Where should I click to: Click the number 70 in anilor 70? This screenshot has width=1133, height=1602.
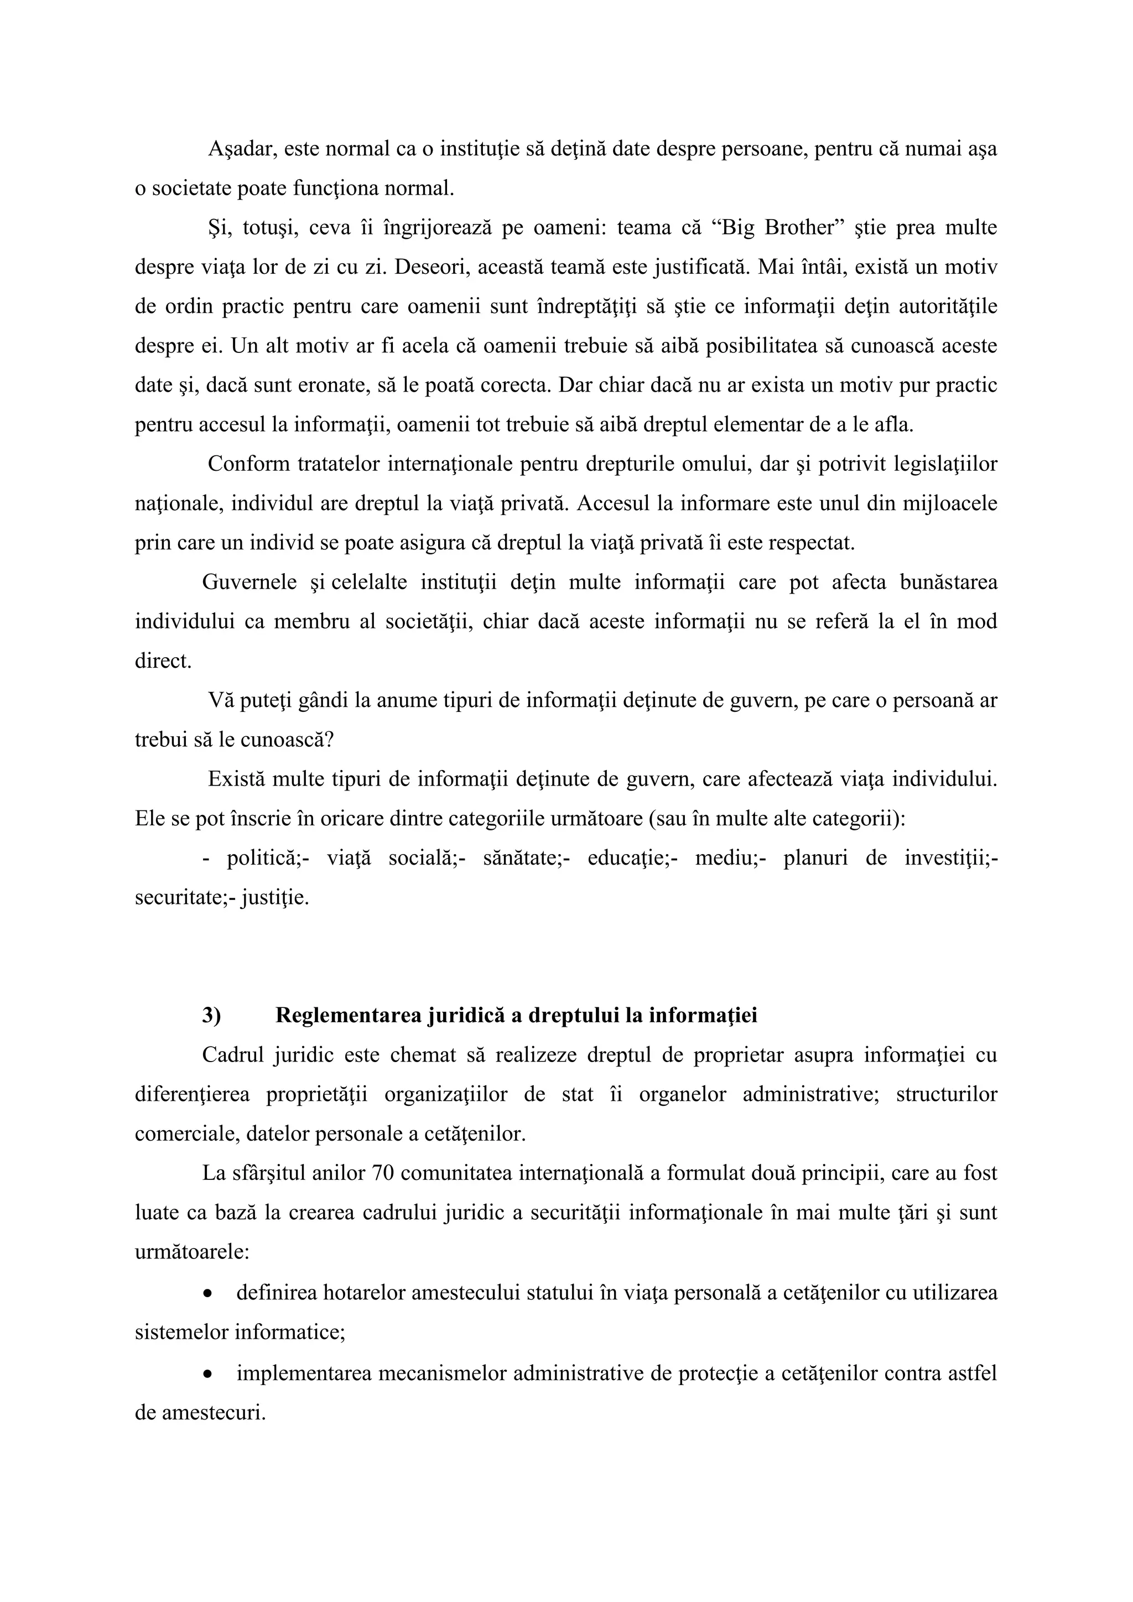click(384, 1173)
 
